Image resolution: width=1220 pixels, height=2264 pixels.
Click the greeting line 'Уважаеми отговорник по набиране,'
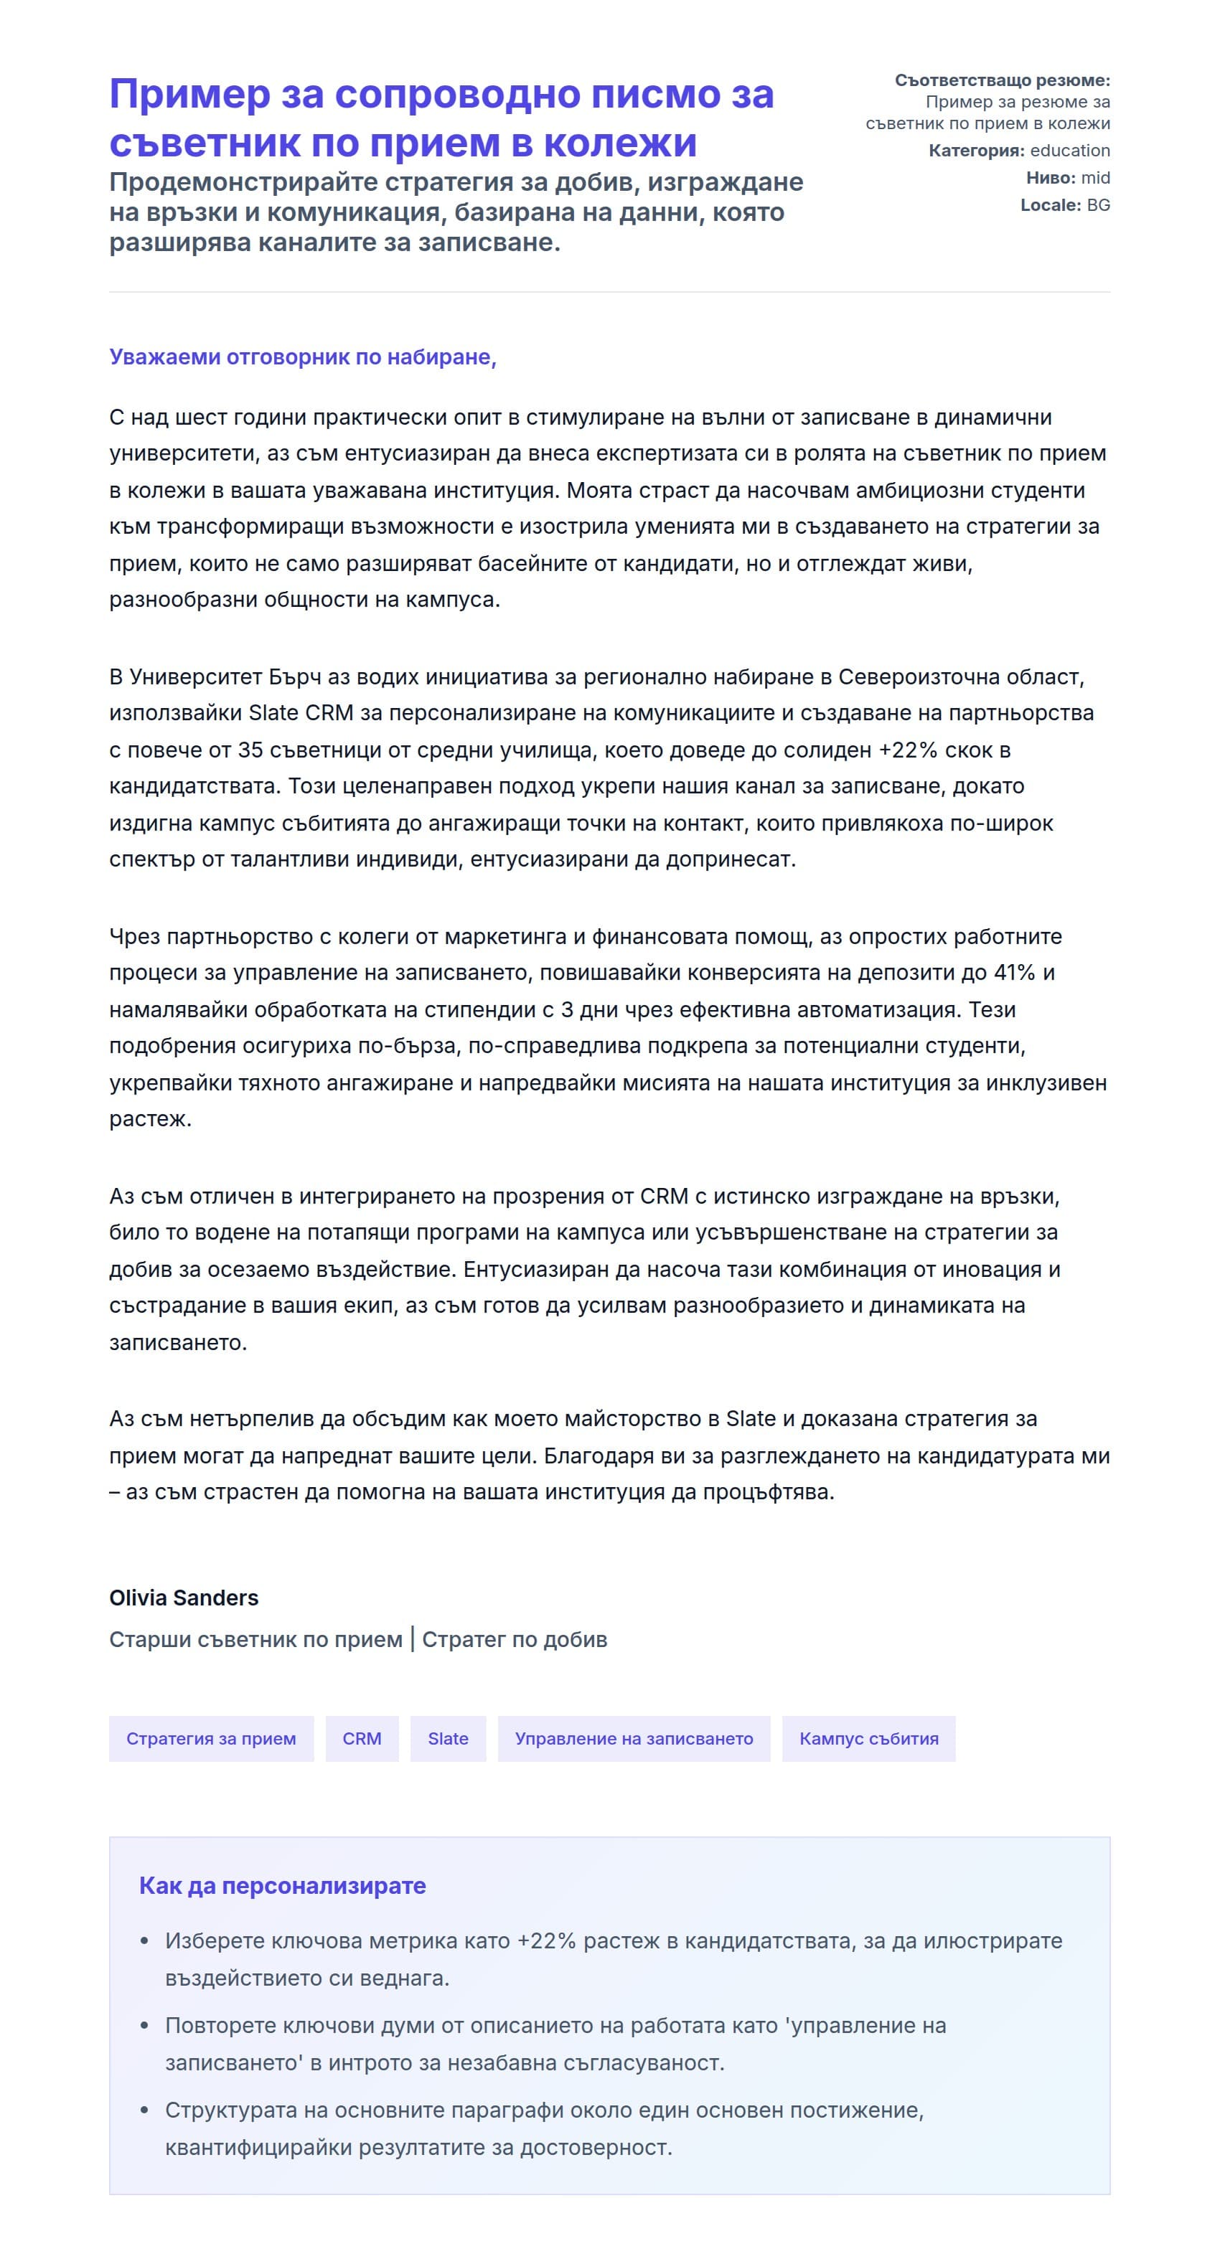tap(302, 357)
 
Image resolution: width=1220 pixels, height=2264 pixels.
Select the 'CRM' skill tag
tap(361, 1738)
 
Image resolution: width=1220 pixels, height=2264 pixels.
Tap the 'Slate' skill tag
tap(447, 1738)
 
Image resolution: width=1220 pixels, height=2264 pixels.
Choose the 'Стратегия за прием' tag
tap(211, 1738)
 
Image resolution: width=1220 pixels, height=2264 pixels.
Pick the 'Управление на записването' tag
tap(633, 1738)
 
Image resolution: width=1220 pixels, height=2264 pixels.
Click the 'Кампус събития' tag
tap(868, 1738)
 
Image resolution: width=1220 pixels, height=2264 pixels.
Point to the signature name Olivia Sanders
tap(184, 1598)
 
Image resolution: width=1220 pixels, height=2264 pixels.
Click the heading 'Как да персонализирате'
tap(282, 1886)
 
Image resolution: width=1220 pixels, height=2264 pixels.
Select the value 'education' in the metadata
tap(1070, 151)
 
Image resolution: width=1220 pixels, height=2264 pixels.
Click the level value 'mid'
tap(1095, 177)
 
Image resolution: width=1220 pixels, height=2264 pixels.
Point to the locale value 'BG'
tap(1098, 204)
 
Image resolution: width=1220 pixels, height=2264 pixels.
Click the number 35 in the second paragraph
tap(250, 750)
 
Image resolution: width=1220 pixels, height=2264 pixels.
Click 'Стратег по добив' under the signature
tap(514, 1639)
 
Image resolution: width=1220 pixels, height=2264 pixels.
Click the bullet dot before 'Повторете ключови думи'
tap(145, 2025)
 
